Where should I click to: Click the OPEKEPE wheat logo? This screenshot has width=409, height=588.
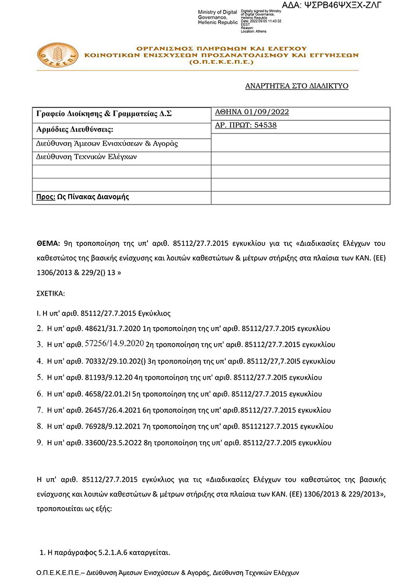pyautogui.click(x=58, y=55)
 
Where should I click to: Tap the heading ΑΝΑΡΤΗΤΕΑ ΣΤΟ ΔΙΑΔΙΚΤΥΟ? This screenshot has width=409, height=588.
pyautogui.click(x=297, y=86)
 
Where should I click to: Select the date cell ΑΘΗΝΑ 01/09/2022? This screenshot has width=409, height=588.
pyautogui.click(x=252, y=112)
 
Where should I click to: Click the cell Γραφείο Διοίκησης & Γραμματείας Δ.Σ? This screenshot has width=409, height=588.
pyautogui.click(x=104, y=114)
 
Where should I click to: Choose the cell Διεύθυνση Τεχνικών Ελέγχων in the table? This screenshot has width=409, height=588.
pyautogui.click(x=87, y=156)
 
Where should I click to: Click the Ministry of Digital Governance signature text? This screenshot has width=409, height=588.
pyautogui.click(x=218, y=17)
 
